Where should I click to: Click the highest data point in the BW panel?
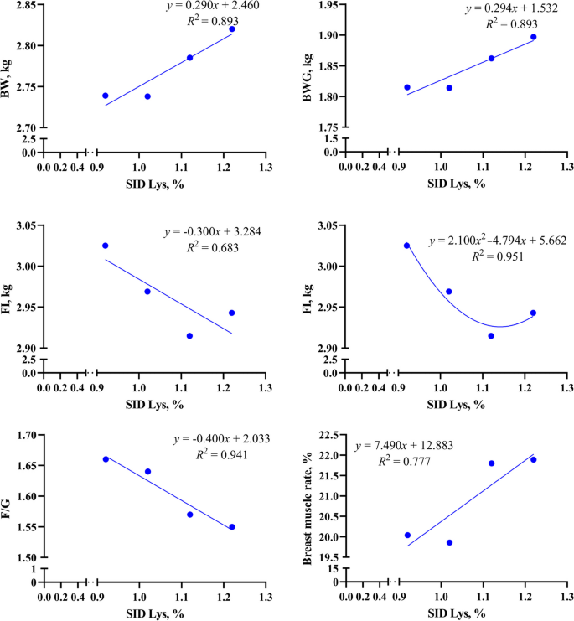pyautogui.click(x=232, y=29)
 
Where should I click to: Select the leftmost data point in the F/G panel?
pyautogui.click(x=106, y=459)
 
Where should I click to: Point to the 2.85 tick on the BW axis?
pyautogui.click(x=23, y=6)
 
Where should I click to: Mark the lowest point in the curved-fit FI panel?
pyautogui.click(x=491, y=336)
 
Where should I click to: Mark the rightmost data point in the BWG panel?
pyautogui.click(x=534, y=37)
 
